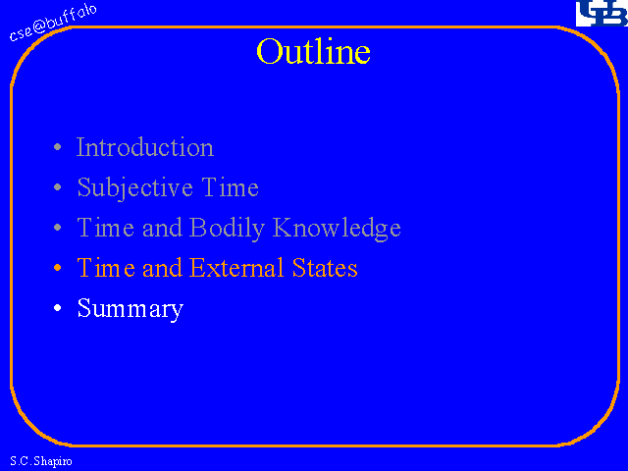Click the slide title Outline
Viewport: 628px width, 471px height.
pos(313,51)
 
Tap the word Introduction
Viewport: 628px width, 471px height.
pos(145,147)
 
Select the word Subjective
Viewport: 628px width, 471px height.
pos(134,187)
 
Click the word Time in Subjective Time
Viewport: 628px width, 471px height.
pos(230,187)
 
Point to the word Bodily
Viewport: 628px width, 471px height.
pos(227,228)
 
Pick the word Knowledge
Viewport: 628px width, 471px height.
pos(337,228)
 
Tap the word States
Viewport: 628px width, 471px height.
pos(325,268)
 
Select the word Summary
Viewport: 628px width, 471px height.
pos(131,308)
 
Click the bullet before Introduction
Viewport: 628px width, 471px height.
pos(58,147)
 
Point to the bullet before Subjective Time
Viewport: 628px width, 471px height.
pos(58,187)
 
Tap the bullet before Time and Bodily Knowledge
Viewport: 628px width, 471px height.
pos(58,228)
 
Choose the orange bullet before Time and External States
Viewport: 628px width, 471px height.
pos(58,268)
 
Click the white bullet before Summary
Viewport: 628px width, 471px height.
pos(58,307)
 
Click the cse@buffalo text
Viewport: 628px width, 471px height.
pos(53,23)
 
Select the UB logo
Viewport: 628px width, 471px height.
pos(602,13)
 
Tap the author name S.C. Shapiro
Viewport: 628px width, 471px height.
pos(41,461)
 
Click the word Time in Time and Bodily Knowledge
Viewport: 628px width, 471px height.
pos(106,228)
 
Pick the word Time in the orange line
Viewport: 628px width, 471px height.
pos(106,268)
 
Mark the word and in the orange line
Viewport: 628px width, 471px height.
pos(162,268)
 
